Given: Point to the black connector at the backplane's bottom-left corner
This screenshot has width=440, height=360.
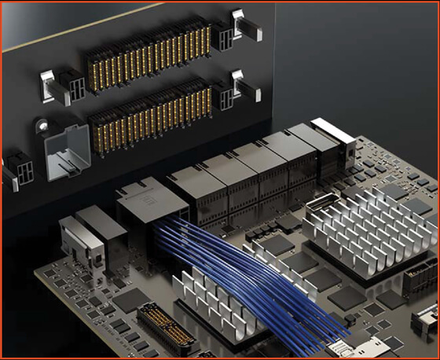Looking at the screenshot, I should click(16, 171).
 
